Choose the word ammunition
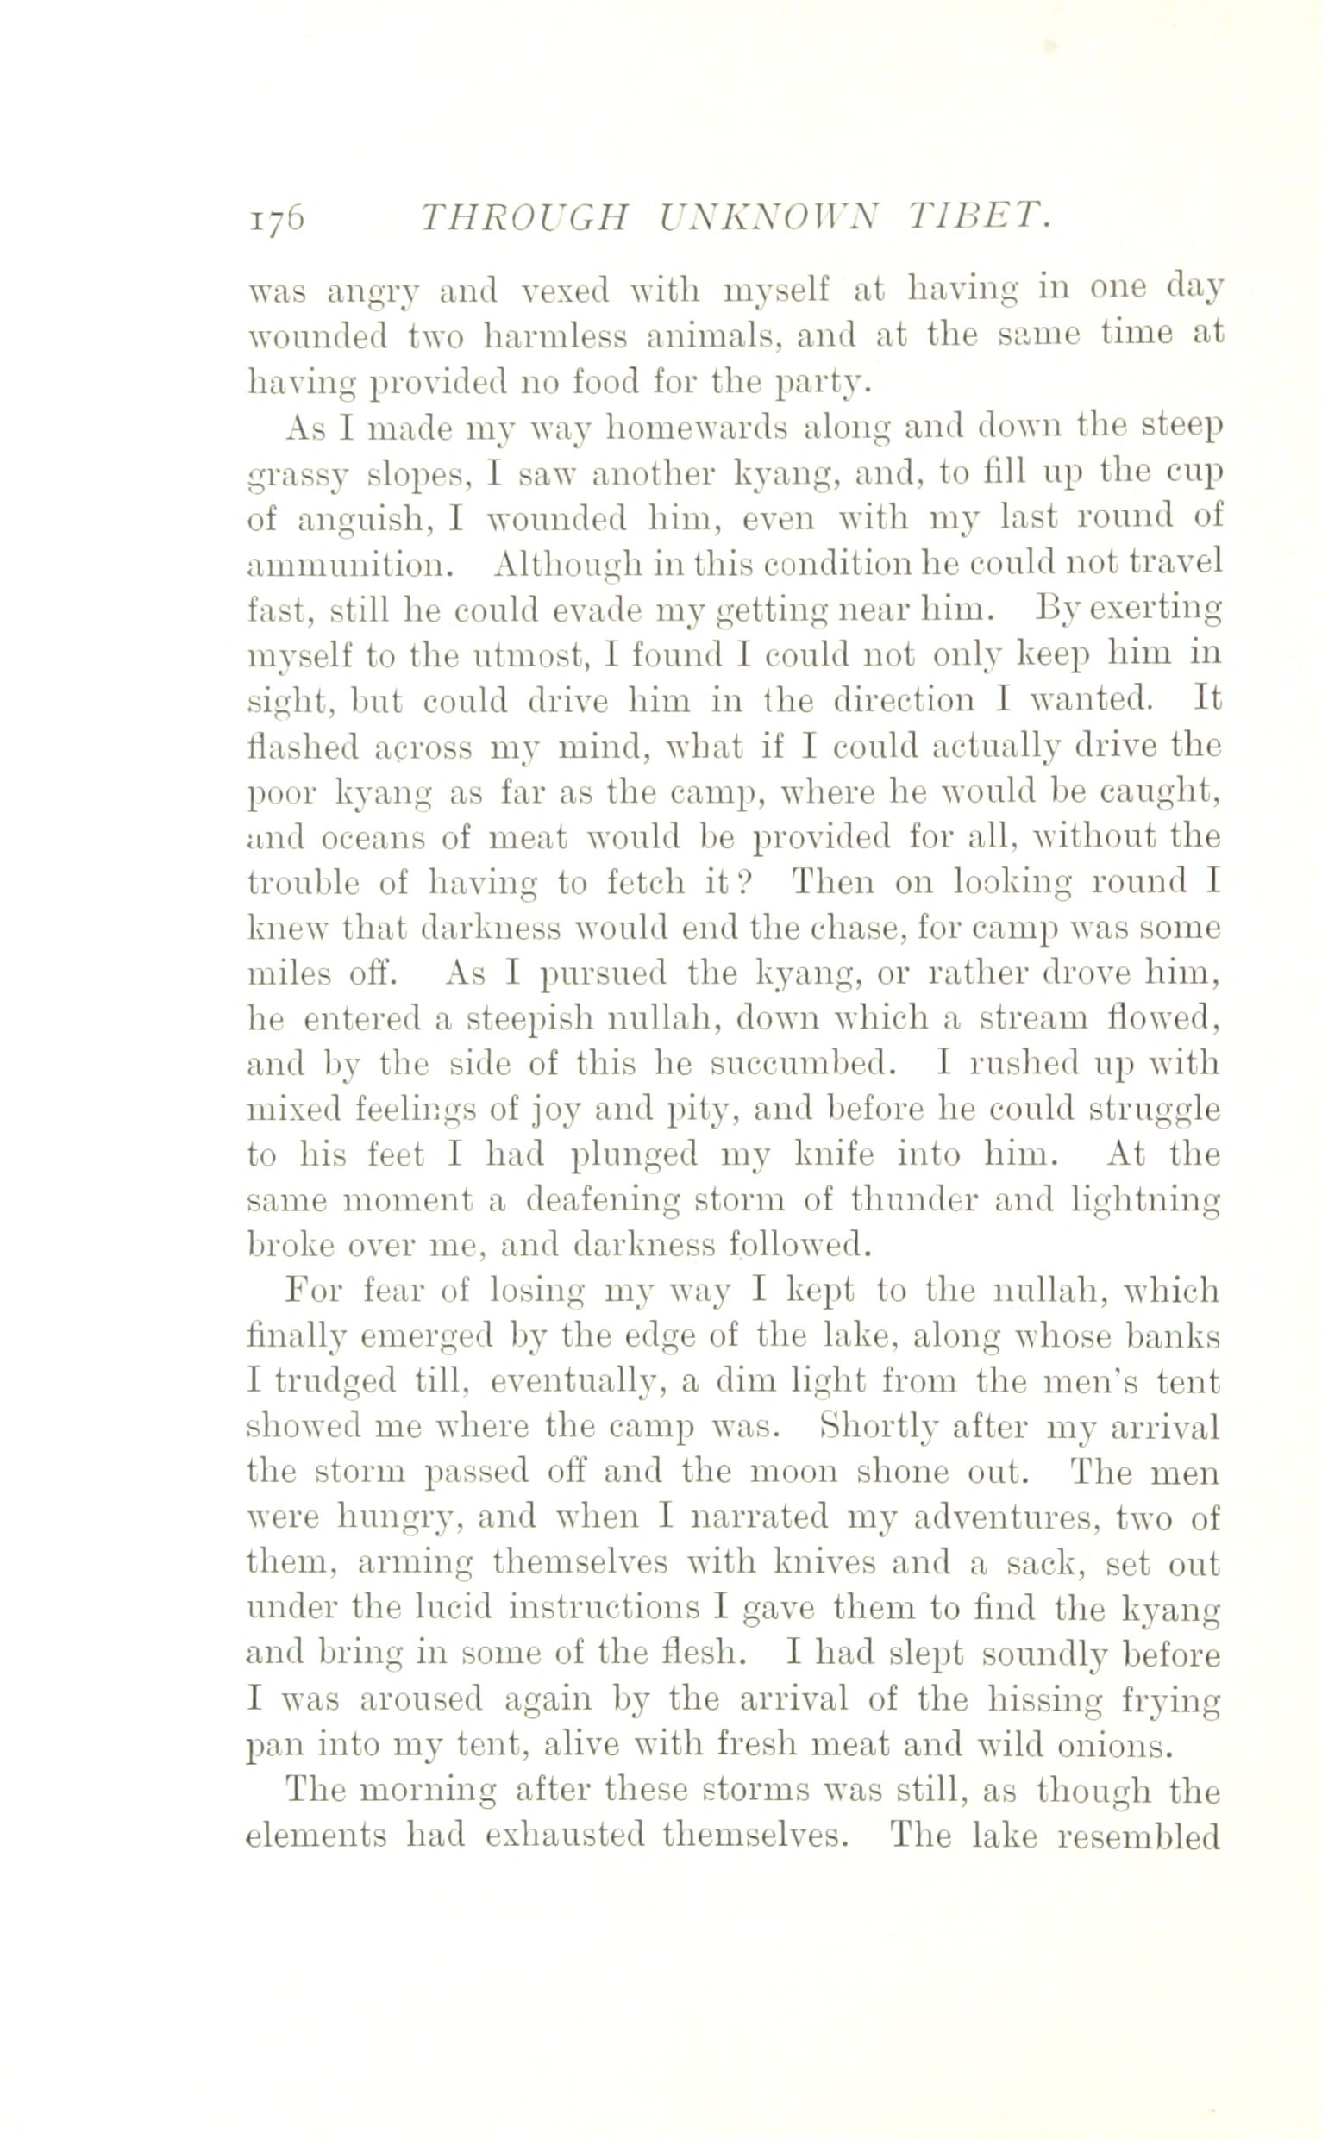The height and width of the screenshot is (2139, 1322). pos(351,565)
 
